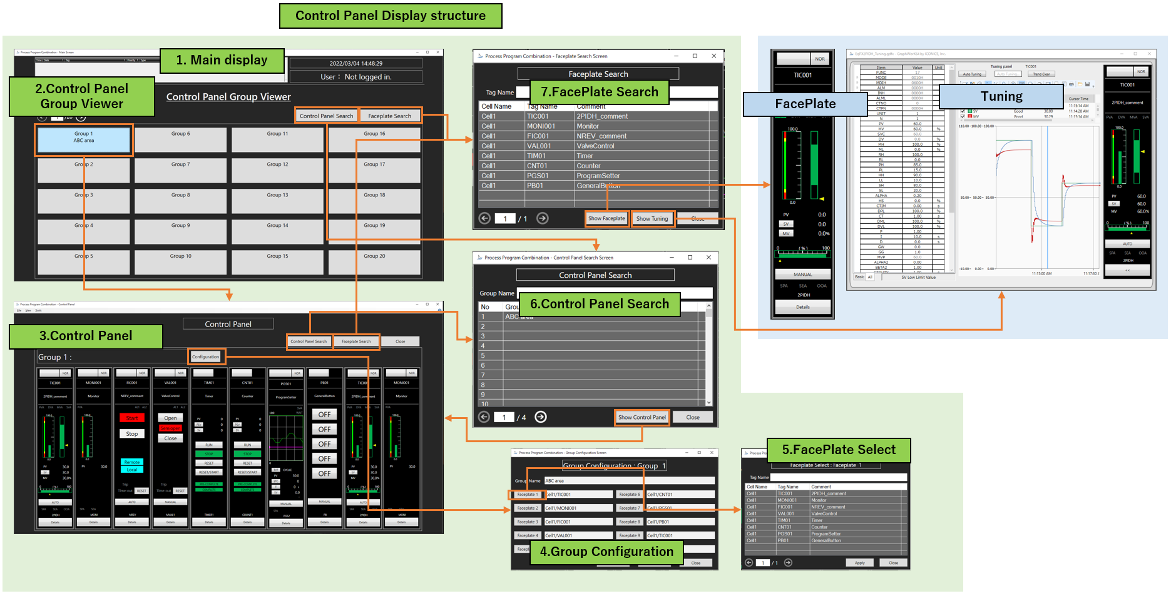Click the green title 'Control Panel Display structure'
click(x=390, y=16)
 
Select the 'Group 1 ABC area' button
click(x=83, y=139)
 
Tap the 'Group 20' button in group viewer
click(x=374, y=261)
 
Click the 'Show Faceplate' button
click(x=606, y=219)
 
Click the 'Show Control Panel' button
click(x=642, y=417)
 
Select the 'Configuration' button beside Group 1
click(x=205, y=357)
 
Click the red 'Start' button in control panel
click(x=131, y=418)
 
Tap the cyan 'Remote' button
click(x=131, y=462)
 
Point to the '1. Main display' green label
click(x=222, y=60)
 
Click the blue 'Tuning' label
click(x=1001, y=96)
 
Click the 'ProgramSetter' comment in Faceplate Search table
click(x=598, y=176)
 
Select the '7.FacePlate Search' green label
click(x=599, y=93)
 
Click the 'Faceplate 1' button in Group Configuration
click(x=526, y=495)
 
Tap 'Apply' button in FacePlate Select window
click(x=859, y=563)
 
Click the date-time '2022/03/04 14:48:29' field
click(x=355, y=63)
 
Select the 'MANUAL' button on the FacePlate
click(x=802, y=275)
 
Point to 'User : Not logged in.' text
click(x=355, y=77)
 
